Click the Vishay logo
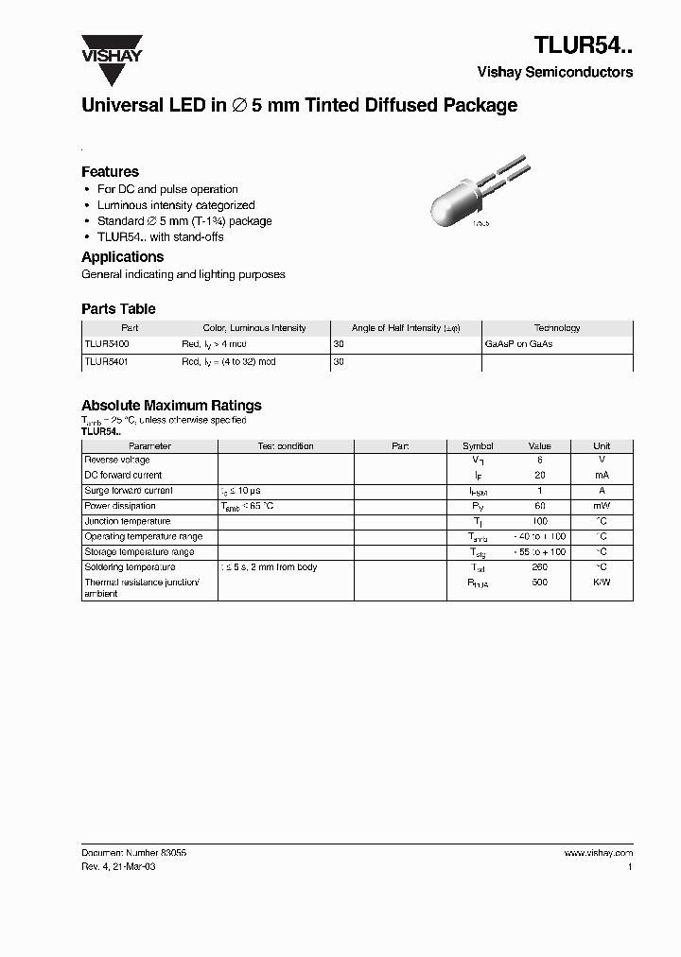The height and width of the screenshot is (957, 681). [x=111, y=48]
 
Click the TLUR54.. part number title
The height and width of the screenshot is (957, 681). [x=584, y=46]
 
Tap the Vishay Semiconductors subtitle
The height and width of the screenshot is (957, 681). [x=555, y=72]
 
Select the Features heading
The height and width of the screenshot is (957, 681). [x=110, y=172]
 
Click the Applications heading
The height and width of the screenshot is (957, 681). [x=122, y=257]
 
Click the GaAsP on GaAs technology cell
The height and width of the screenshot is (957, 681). [x=518, y=344]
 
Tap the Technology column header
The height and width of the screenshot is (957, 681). [x=557, y=328]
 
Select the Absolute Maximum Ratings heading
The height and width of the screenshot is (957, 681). [x=171, y=406]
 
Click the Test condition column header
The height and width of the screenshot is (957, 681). [x=286, y=445]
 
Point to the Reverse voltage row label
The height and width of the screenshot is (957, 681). [x=117, y=460]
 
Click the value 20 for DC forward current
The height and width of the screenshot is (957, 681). [x=539, y=475]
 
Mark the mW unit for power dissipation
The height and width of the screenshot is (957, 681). [x=602, y=506]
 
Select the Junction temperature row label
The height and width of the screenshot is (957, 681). [x=128, y=521]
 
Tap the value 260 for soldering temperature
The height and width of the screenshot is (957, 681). [x=539, y=567]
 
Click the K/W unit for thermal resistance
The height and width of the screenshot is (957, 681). [x=602, y=583]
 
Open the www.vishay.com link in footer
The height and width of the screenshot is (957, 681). [x=599, y=852]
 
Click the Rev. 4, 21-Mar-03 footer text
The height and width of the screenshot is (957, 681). [x=118, y=866]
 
